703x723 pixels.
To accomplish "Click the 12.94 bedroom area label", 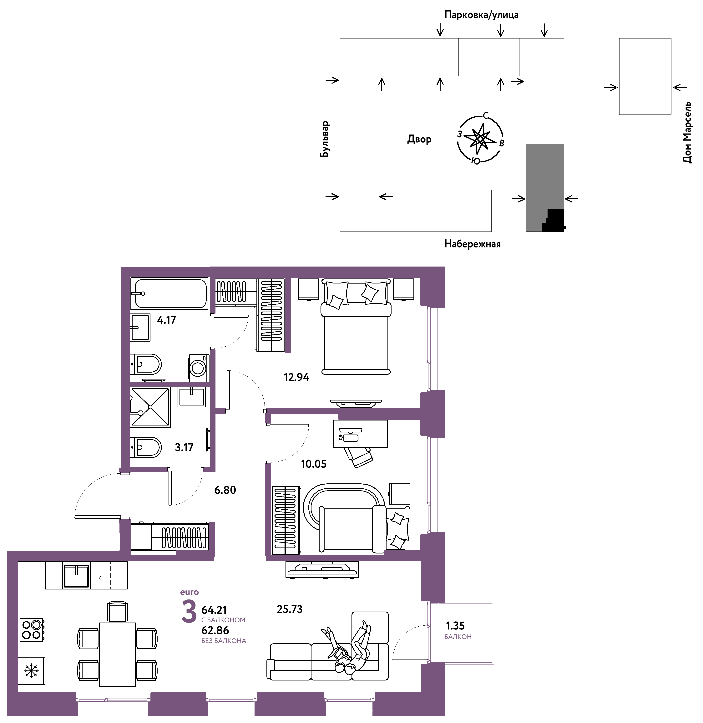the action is point(296,377).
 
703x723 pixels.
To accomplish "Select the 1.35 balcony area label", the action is point(455,625).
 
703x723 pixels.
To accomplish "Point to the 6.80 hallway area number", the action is point(225,490).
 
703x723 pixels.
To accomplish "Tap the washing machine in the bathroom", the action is point(199,368).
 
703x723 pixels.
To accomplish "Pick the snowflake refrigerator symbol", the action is point(31,671).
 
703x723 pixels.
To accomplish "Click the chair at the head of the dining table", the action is point(117,612).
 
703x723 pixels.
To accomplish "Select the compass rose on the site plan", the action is point(480,139).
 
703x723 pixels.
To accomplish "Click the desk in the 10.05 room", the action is point(360,434).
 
